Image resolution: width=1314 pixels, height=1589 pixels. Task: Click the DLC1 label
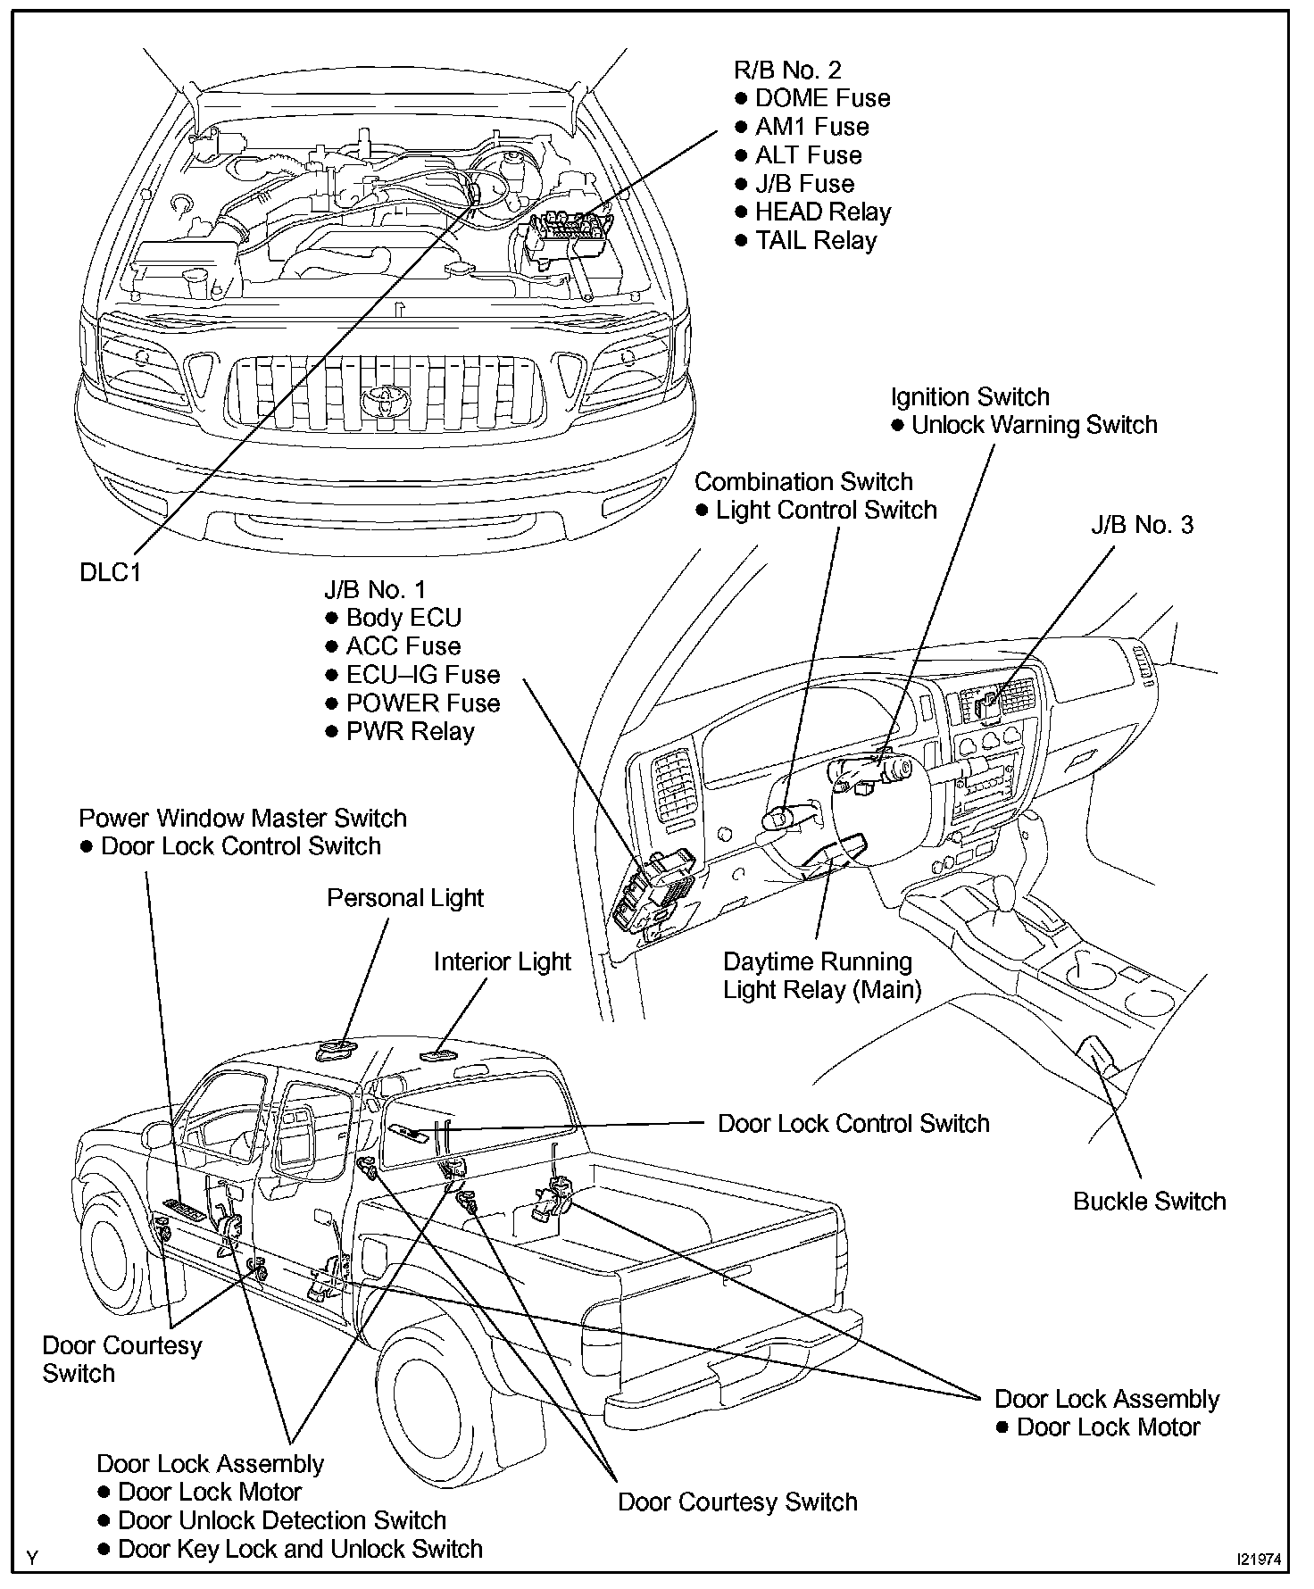(x=111, y=572)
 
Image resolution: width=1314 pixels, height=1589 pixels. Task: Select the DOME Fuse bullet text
(x=822, y=98)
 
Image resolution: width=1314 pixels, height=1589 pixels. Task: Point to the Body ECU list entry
(x=403, y=618)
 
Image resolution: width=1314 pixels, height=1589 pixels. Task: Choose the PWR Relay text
(x=410, y=732)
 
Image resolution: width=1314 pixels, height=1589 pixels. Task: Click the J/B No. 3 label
(x=1142, y=525)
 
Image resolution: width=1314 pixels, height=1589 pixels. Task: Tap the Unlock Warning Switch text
(x=1034, y=425)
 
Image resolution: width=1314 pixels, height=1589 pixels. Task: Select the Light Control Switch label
(x=826, y=511)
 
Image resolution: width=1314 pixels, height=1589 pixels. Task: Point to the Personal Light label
(x=405, y=898)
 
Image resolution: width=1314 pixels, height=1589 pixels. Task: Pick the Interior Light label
(x=502, y=962)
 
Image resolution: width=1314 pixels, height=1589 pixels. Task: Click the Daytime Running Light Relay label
(x=821, y=976)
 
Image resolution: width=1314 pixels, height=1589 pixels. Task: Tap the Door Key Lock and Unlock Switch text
(x=300, y=1549)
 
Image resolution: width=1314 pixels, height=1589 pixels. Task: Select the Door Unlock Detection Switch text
(x=281, y=1520)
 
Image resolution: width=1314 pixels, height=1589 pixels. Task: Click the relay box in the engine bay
(x=570, y=234)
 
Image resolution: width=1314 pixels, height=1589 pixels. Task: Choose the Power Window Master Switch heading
(x=243, y=819)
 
